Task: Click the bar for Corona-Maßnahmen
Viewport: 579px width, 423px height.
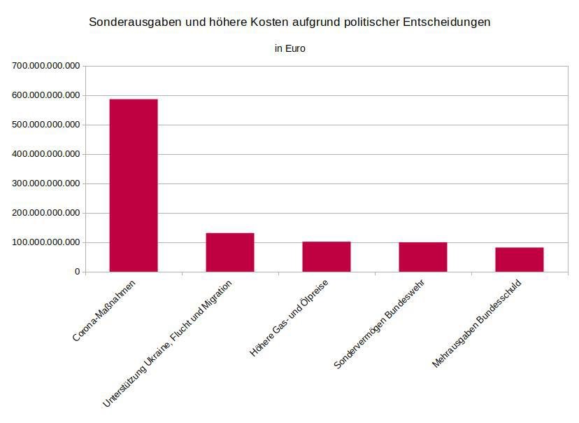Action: pyautogui.click(x=134, y=186)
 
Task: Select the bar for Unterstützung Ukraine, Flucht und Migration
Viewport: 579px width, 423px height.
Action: pyautogui.click(x=230, y=252)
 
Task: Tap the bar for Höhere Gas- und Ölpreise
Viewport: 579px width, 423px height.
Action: pyautogui.click(x=327, y=256)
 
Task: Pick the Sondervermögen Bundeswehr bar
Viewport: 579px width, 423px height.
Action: pyautogui.click(x=423, y=257)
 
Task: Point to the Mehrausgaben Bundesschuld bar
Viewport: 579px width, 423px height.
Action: pyautogui.click(x=520, y=260)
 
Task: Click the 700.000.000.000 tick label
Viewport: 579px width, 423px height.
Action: pyautogui.click(x=45, y=66)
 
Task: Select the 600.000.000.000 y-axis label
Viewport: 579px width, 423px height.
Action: pyautogui.click(x=45, y=95)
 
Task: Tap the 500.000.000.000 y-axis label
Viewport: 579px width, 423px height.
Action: pyautogui.click(x=45, y=125)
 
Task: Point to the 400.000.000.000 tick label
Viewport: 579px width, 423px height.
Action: pyautogui.click(x=45, y=154)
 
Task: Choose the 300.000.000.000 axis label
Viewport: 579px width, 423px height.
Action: pyautogui.click(x=45, y=183)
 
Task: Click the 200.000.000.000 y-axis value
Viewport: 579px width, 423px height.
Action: pyautogui.click(x=45, y=213)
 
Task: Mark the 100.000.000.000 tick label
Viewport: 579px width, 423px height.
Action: pyautogui.click(x=45, y=242)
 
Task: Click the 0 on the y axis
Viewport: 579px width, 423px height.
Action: pyautogui.click(x=77, y=272)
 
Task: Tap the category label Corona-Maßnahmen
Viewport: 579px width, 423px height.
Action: pyautogui.click(x=103, y=311)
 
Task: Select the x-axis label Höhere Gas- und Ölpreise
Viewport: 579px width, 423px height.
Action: pyautogui.click(x=289, y=319)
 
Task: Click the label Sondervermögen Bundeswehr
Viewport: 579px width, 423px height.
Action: pyautogui.click(x=379, y=324)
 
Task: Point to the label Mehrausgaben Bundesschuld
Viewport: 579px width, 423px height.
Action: pyautogui.click(x=476, y=324)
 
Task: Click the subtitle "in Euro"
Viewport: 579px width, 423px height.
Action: pyautogui.click(x=290, y=48)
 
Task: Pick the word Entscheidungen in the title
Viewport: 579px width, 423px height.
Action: pyautogui.click(x=447, y=22)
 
